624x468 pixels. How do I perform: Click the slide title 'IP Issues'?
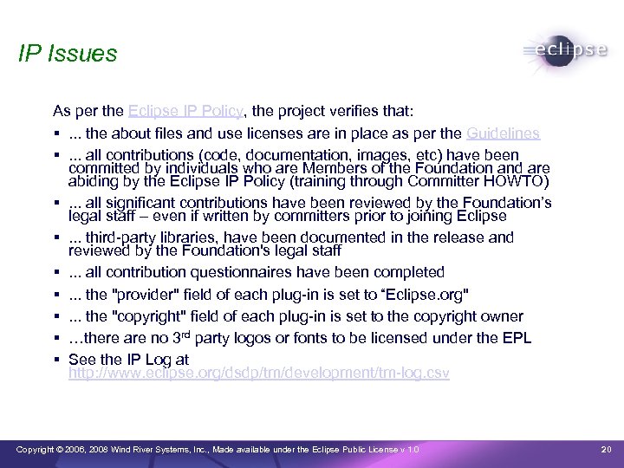coord(67,54)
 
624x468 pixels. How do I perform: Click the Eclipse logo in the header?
coord(566,51)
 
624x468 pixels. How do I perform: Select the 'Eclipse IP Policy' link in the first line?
coord(187,112)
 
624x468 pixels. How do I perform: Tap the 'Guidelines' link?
coord(503,133)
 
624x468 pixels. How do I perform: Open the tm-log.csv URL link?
coord(258,374)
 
